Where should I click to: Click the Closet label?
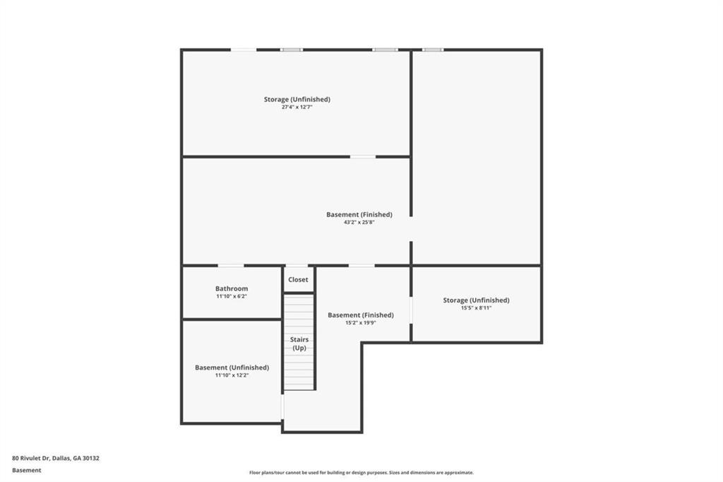298,279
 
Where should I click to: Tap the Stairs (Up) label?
299,343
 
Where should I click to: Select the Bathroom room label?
232,288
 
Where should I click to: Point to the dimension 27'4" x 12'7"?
297,107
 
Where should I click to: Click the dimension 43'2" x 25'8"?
359,222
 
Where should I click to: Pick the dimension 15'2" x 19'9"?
361,323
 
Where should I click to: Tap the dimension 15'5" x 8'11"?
477,308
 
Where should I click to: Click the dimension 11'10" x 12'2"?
232,375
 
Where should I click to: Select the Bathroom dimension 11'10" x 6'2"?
232,296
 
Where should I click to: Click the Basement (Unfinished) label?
232,368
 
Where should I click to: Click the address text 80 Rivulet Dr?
31,459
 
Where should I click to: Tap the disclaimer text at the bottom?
361,473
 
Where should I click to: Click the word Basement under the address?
27,471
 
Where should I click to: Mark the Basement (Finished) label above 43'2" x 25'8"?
359,215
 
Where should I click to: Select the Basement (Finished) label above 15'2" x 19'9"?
361,315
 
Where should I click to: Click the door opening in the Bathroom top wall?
231,266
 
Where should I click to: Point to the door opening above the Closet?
297,266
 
